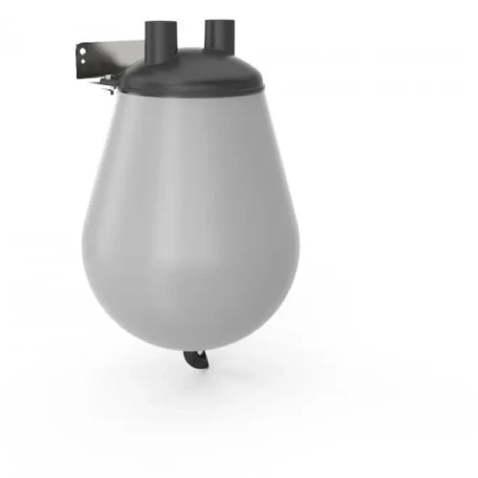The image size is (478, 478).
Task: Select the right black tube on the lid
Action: [x=217, y=35]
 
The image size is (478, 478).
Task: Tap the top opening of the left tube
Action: [x=160, y=24]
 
